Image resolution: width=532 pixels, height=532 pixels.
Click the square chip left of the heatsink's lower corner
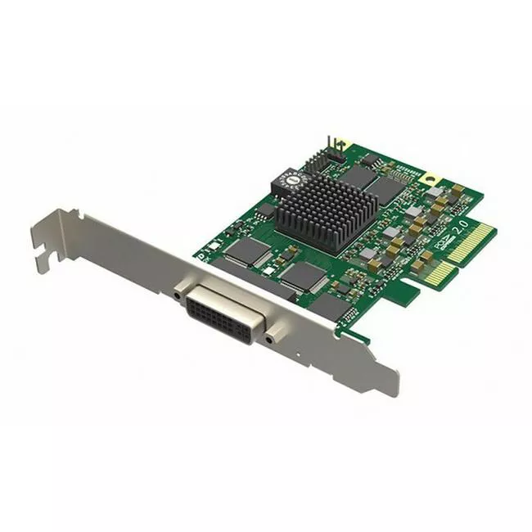click(246, 250)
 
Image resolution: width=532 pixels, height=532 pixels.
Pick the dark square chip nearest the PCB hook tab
click(331, 306)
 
